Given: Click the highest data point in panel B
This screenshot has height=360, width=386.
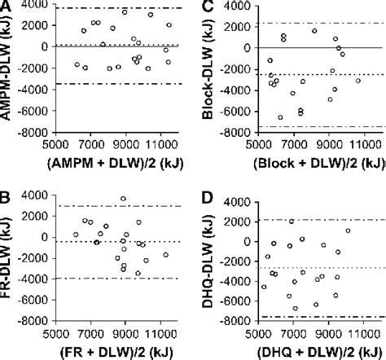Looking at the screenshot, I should pyautogui.click(x=123, y=199).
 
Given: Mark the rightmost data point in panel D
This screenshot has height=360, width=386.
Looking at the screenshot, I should pyautogui.click(x=348, y=230).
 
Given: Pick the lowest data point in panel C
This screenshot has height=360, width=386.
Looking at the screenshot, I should pyautogui.click(x=280, y=117).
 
